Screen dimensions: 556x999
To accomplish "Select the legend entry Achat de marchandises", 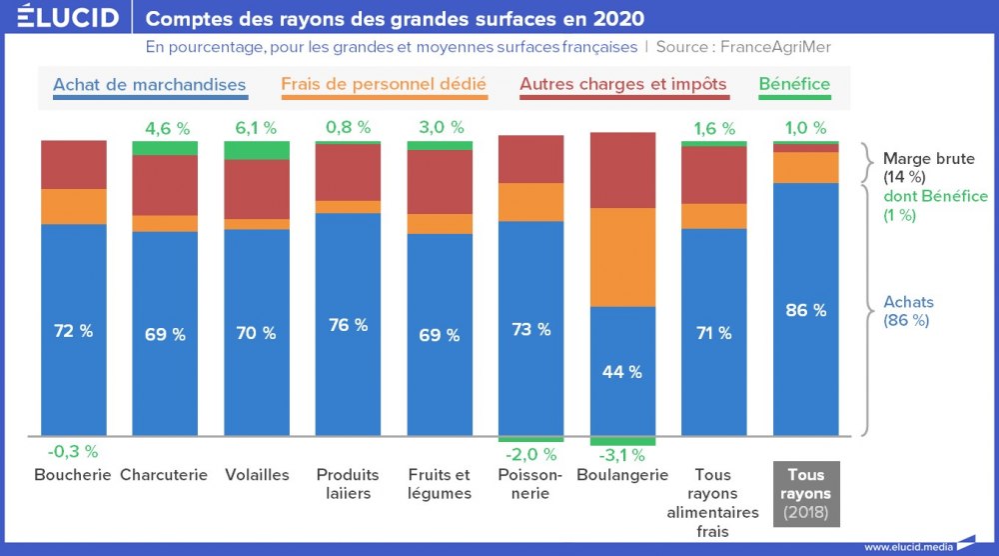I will click(x=149, y=85).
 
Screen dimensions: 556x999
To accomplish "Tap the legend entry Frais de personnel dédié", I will click(x=384, y=85).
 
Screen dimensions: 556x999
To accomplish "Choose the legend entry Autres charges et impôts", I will click(x=623, y=85).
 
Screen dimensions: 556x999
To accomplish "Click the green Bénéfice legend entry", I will click(x=794, y=85).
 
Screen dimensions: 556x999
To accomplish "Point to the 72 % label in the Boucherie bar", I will click(x=73, y=331).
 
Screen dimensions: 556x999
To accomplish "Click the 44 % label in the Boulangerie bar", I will click(x=622, y=372).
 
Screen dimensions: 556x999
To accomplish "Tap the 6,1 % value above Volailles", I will click(x=257, y=128).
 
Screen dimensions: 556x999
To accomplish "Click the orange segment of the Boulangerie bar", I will click(x=622, y=257).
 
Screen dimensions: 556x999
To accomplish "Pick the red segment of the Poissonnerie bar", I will click(x=530, y=159).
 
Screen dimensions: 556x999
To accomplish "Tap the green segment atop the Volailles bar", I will click(x=257, y=150).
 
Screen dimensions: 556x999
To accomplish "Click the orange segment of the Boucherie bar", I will click(x=73, y=206).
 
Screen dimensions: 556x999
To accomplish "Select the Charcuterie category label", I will click(x=164, y=475).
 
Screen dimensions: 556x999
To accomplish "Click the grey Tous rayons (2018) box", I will click(x=806, y=493).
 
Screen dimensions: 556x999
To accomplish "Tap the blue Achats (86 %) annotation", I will click(x=908, y=311).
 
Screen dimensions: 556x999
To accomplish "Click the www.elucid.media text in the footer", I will click(x=907, y=546).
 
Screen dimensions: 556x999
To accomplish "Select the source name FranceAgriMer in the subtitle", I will click(x=775, y=47).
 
